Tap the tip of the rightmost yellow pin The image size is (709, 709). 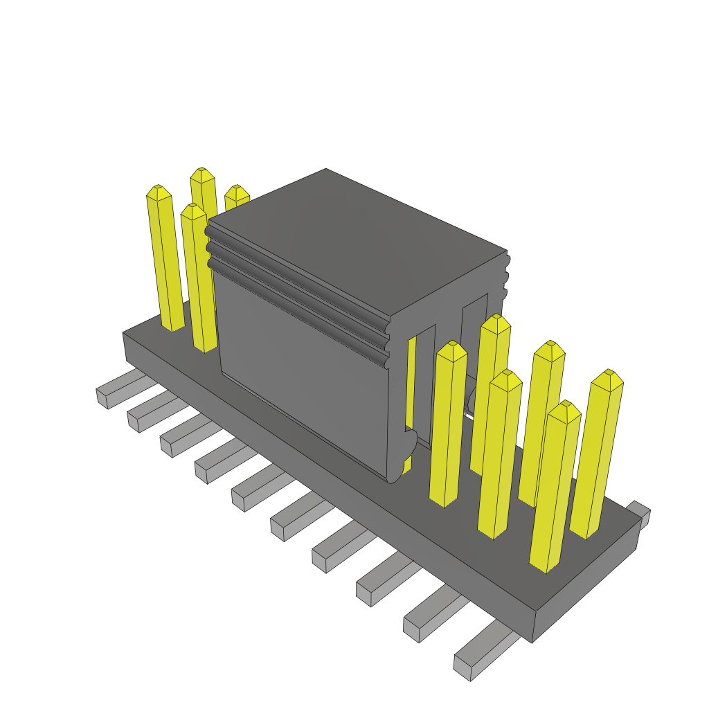coord(608,378)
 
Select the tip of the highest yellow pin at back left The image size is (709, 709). coord(202,174)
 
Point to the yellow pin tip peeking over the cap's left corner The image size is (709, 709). coord(237,192)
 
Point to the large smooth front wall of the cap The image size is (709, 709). coord(305,374)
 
